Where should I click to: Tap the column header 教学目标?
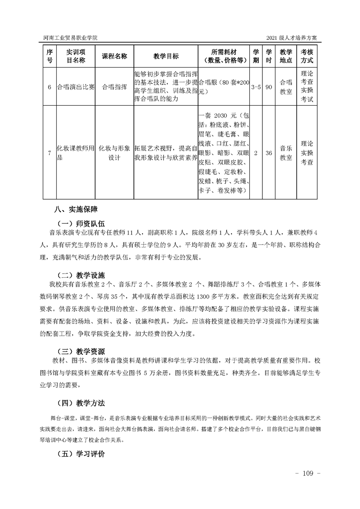tap(166, 56)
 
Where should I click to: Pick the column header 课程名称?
tap(114, 56)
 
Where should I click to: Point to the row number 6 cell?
tap(49, 87)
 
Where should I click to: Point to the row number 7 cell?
tap(49, 153)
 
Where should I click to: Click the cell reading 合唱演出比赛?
tap(75, 87)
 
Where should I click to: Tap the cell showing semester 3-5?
tap(256, 87)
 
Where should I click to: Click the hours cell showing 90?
tap(269, 87)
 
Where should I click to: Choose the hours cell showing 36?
tap(269, 153)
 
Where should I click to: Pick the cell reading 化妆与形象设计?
tap(114, 153)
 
